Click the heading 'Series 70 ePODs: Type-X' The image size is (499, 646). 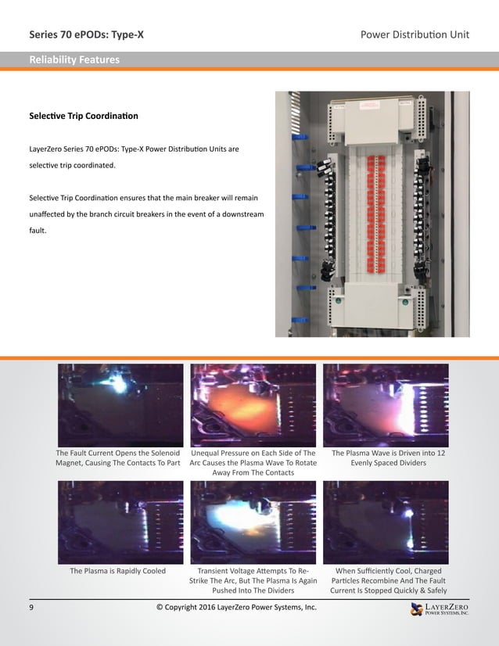[x=86, y=34]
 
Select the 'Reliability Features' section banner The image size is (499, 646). [x=74, y=59]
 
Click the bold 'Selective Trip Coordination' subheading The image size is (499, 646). [x=84, y=116]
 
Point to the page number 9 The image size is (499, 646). [x=31, y=608]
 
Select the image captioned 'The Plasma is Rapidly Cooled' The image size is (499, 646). [x=120, y=522]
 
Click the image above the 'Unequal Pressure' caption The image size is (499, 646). [x=253, y=405]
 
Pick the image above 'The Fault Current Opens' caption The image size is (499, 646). [x=120, y=405]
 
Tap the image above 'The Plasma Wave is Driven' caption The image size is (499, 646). [x=386, y=405]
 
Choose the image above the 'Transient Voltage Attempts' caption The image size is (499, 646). [x=253, y=522]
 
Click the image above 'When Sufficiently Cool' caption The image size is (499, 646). [x=386, y=522]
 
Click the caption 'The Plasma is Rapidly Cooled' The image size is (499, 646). [x=118, y=571]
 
